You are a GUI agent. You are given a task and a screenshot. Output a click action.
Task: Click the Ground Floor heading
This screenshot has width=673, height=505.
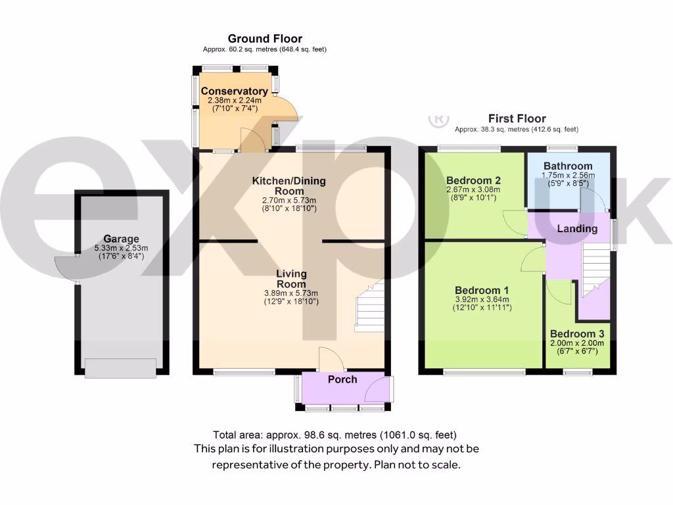pos(265,39)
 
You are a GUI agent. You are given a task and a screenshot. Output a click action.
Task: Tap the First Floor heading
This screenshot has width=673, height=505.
pos(517,118)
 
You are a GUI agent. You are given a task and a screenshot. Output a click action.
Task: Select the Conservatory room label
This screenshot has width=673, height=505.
pos(235,91)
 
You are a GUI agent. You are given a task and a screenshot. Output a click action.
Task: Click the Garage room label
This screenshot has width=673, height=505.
pos(121,239)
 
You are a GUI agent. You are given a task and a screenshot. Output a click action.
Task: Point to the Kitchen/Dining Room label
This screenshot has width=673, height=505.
pos(289,186)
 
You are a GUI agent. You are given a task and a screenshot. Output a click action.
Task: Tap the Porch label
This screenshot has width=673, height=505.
pos(342,379)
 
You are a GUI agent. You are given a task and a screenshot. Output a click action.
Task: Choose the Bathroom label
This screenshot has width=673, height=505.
pos(568,166)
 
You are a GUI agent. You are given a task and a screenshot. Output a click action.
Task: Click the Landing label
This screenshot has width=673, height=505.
pos(577,228)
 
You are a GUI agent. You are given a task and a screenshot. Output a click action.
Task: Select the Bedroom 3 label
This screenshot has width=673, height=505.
pos(577,333)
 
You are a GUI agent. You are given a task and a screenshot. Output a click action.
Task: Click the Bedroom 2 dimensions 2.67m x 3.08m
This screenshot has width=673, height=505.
pos(473,189)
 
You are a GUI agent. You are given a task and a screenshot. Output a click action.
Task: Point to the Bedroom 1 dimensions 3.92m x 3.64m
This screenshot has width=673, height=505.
pos(482,299)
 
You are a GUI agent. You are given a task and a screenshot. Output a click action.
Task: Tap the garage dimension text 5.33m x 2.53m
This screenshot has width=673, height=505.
pos(121,248)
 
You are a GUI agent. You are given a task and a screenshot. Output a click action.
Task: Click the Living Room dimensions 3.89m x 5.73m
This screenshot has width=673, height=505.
pos(291,293)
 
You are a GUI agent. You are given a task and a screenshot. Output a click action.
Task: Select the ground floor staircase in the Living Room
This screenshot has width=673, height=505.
pos(369,306)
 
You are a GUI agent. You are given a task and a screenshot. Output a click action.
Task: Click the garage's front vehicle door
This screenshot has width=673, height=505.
pos(120,368)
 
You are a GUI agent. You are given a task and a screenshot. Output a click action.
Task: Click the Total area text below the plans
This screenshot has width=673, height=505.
pos(335,435)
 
